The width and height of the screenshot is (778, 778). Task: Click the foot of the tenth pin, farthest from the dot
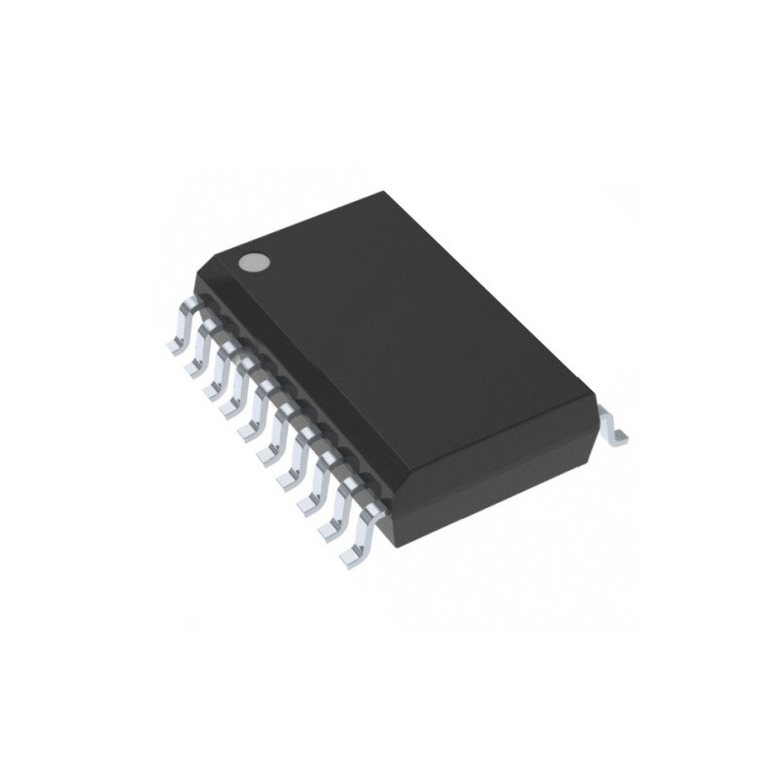[x=348, y=557]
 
